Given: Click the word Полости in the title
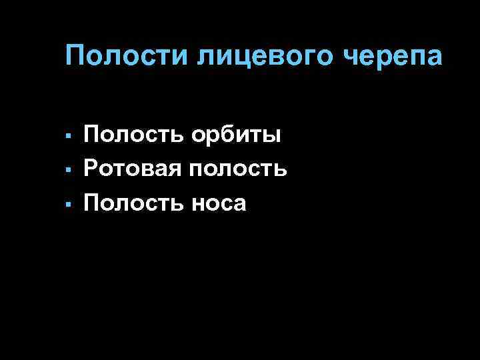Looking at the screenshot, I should [x=127, y=56].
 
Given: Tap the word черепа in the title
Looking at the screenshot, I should [x=393, y=57].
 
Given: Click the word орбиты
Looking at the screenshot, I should [x=237, y=136].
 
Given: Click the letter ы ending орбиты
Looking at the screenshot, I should [x=271, y=136].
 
